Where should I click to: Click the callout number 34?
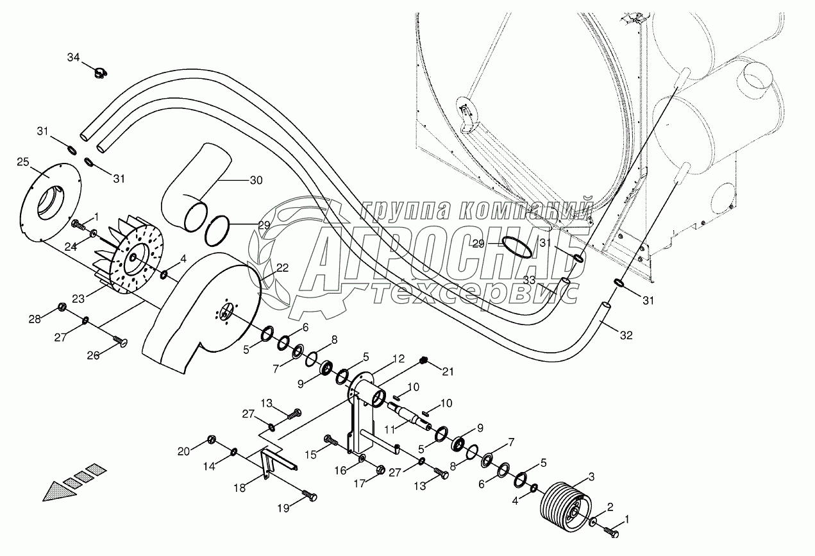(74, 58)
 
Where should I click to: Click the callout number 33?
(530, 280)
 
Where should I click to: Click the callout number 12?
(398, 358)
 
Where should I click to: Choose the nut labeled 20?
(212, 440)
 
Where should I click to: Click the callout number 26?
(94, 355)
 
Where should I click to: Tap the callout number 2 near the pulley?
(610, 507)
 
